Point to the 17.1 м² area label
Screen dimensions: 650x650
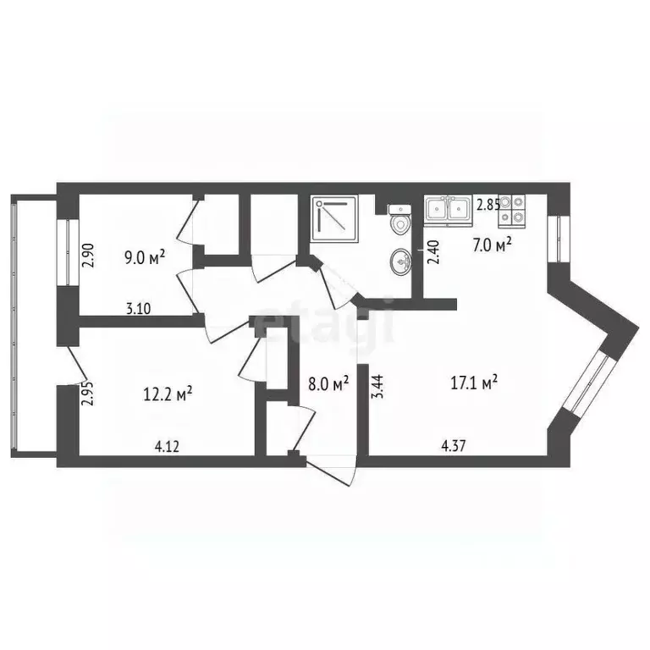[x=476, y=383]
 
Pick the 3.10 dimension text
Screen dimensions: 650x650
[x=138, y=309]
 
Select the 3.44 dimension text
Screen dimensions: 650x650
[x=377, y=385]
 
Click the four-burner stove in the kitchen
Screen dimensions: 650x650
[x=511, y=210]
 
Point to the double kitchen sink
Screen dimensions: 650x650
[x=448, y=209]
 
